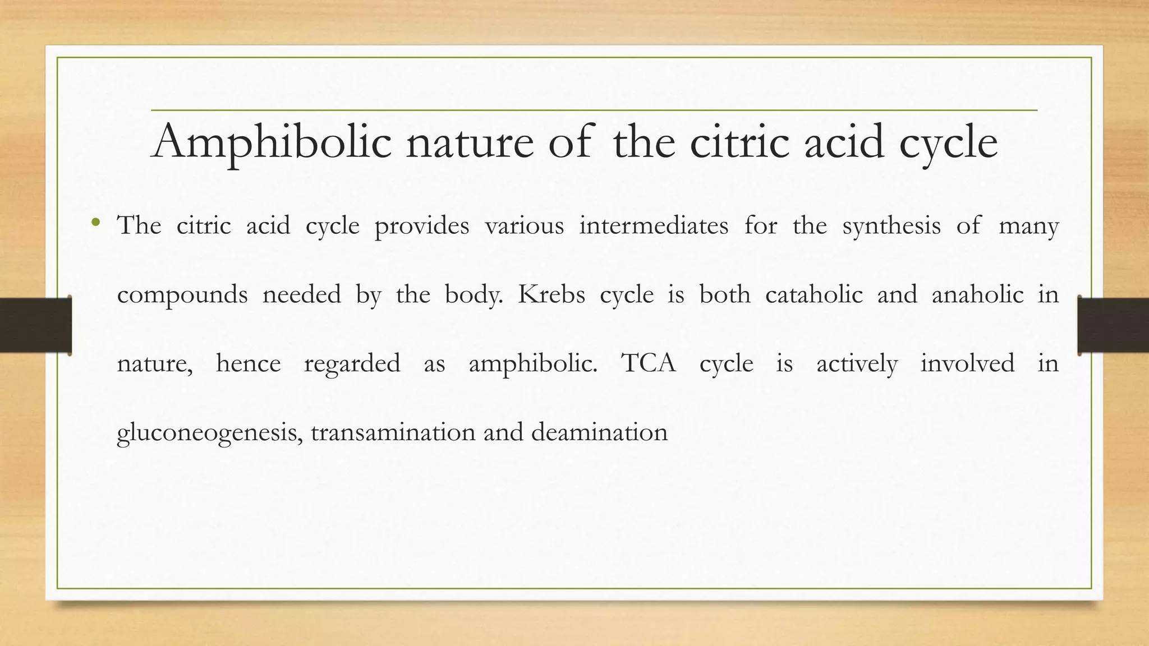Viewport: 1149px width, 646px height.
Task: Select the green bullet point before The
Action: point(96,223)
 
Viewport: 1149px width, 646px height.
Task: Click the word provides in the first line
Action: point(421,226)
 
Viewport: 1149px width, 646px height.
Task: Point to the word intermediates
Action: point(654,226)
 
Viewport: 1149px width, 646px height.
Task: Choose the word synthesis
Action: point(891,226)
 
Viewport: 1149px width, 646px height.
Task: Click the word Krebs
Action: point(551,295)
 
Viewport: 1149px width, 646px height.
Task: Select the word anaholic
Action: point(977,295)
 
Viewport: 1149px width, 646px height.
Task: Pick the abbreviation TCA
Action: point(648,363)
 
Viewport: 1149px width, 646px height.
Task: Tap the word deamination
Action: point(599,432)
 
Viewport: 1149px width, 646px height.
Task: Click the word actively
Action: point(857,364)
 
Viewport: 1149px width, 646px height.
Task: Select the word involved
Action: point(967,363)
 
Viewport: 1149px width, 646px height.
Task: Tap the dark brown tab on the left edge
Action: point(35,325)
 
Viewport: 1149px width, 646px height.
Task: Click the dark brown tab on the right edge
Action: point(1113,325)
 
